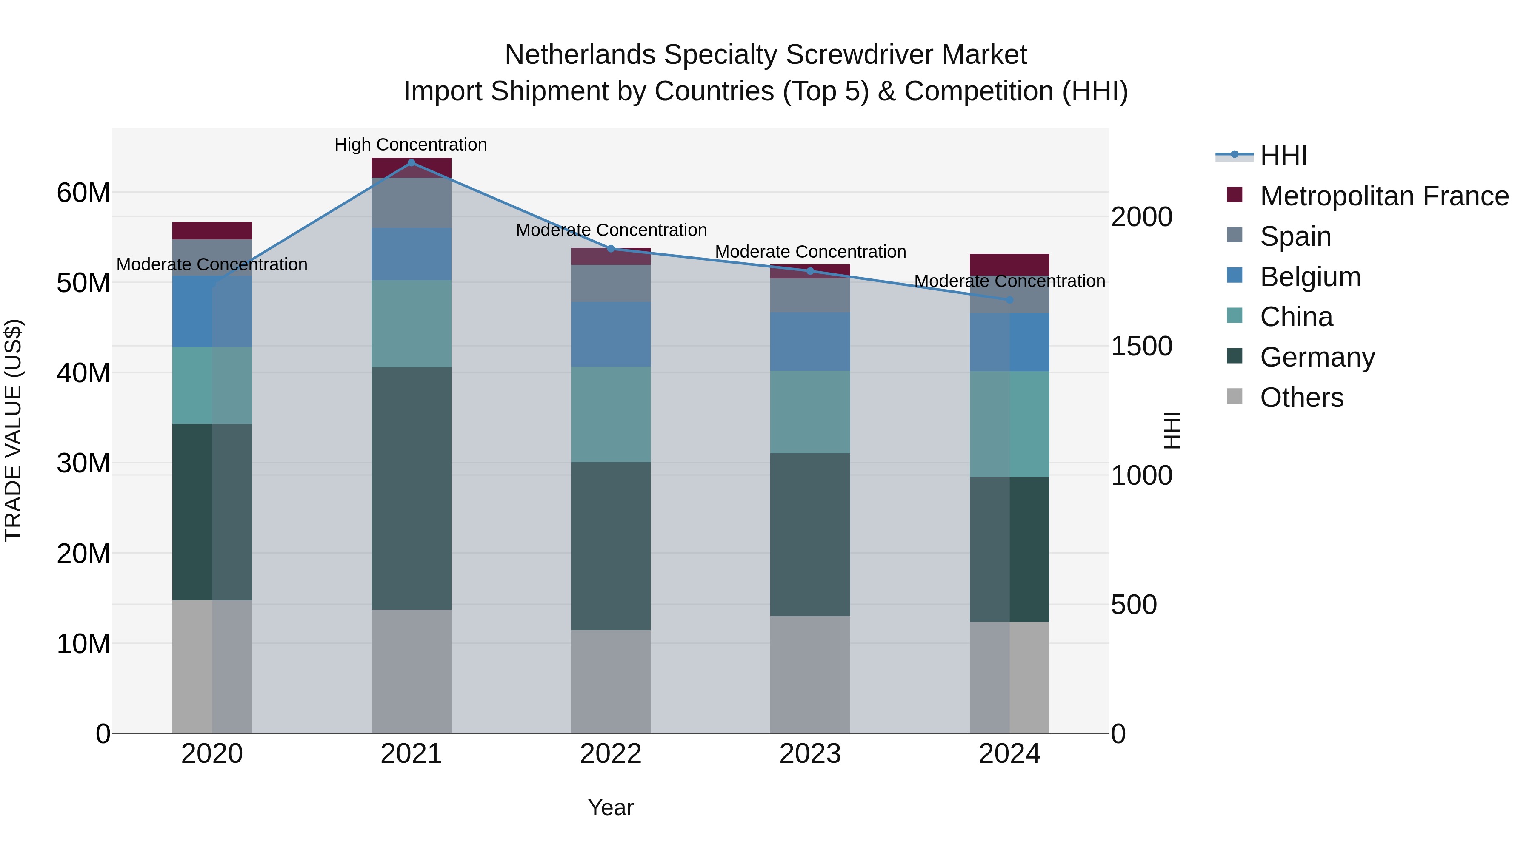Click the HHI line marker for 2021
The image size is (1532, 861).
point(411,163)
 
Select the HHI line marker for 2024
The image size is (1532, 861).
point(1009,300)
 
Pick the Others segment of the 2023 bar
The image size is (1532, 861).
point(809,674)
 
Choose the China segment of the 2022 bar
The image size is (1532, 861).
point(610,414)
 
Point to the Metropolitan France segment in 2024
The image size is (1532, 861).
point(1009,264)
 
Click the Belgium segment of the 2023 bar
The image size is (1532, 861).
point(809,342)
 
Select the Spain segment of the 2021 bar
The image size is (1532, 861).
point(411,203)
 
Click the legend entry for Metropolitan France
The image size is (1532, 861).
point(1384,196)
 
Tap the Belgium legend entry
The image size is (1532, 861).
point(1310,277)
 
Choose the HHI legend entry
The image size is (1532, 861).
point(1283,156)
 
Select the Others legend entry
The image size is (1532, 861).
point(1301,398)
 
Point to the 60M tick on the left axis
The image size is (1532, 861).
point(83,193)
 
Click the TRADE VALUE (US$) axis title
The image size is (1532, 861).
point(13,430)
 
